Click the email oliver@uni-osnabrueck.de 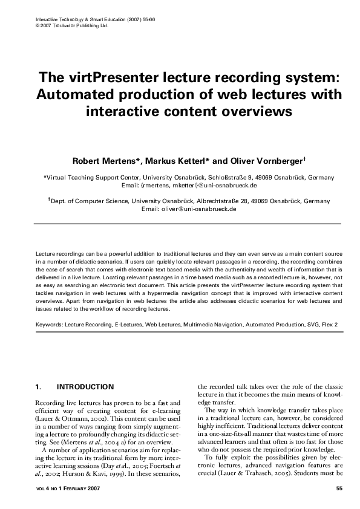point(197,209)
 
